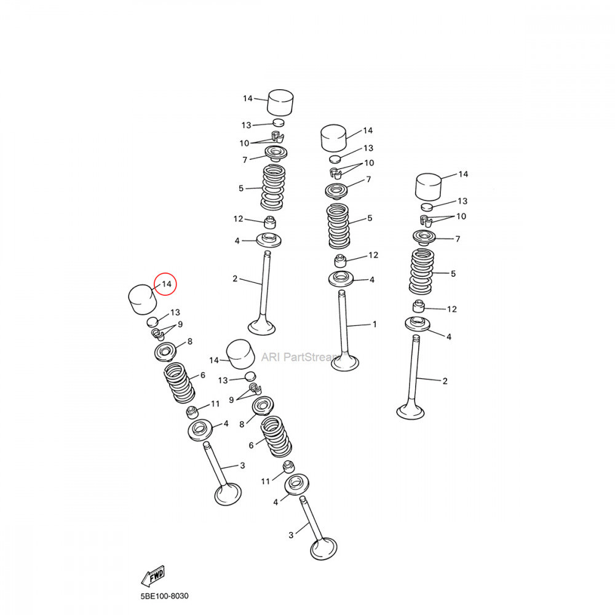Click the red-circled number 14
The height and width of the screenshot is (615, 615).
tap(167, 284)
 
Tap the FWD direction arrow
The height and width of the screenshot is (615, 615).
tap(153, 576)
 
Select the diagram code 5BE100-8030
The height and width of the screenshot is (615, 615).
tap(164, 596)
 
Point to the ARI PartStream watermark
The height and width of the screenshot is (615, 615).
tap(301, 357)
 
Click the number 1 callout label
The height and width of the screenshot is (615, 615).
tap(375, 324)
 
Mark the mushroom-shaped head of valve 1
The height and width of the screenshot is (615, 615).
tap(345, 362)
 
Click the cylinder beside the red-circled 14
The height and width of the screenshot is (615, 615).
tap(143, 300)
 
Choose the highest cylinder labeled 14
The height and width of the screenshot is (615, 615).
tap(281, 103)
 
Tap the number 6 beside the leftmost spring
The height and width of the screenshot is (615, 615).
tap(203, 375)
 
